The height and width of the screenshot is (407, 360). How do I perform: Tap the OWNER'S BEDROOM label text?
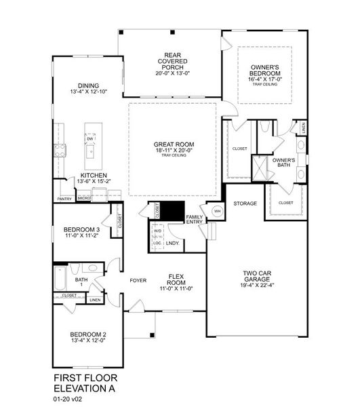point(265,71)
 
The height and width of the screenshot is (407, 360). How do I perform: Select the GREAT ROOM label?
point(174,144)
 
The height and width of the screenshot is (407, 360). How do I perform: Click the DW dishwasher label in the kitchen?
point(89,138)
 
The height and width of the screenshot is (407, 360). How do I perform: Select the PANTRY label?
point(65,199)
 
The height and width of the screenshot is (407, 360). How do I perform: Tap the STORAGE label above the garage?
point(245,203)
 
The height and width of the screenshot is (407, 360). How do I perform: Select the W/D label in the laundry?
point(157,230)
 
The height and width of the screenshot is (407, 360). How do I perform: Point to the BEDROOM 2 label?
point(86,334)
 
